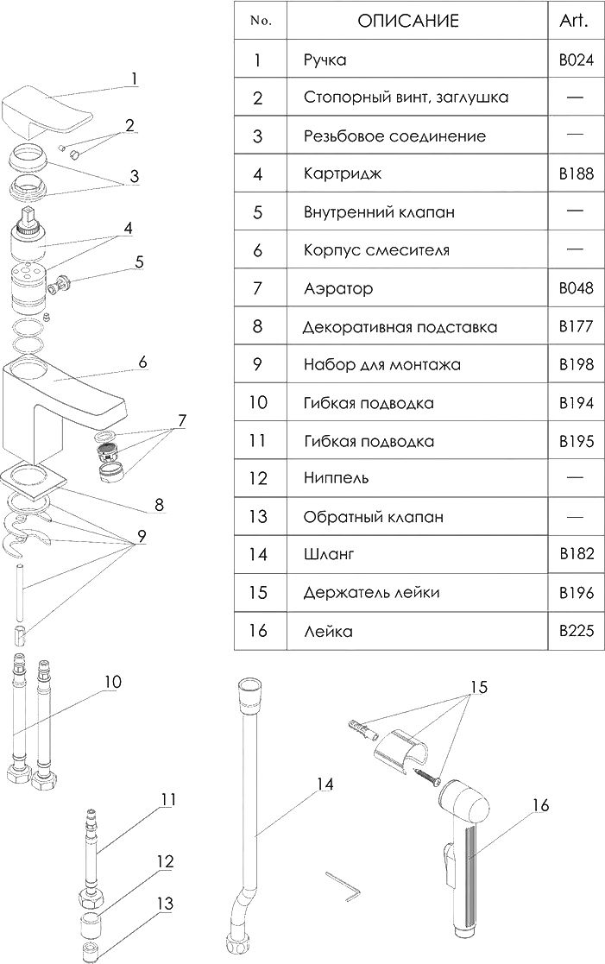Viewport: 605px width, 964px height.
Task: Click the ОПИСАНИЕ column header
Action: point(408,22)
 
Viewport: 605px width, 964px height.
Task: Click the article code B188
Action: point(577,173)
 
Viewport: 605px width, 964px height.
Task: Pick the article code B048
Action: point(577,288)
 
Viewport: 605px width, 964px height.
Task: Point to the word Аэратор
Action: point(338,288)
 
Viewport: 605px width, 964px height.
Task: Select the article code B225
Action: point(577,631)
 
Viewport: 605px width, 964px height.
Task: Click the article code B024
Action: point(577,60)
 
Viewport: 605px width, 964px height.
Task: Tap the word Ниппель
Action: point(336,478)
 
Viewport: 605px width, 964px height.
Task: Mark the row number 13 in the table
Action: point(258,517)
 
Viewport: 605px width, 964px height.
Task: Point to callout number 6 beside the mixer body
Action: point(143,362)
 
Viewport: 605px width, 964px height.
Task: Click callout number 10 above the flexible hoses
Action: point(112,682)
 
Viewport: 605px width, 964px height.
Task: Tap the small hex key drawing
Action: point(343,888)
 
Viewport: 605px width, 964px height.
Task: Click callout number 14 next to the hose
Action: point(324,784)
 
